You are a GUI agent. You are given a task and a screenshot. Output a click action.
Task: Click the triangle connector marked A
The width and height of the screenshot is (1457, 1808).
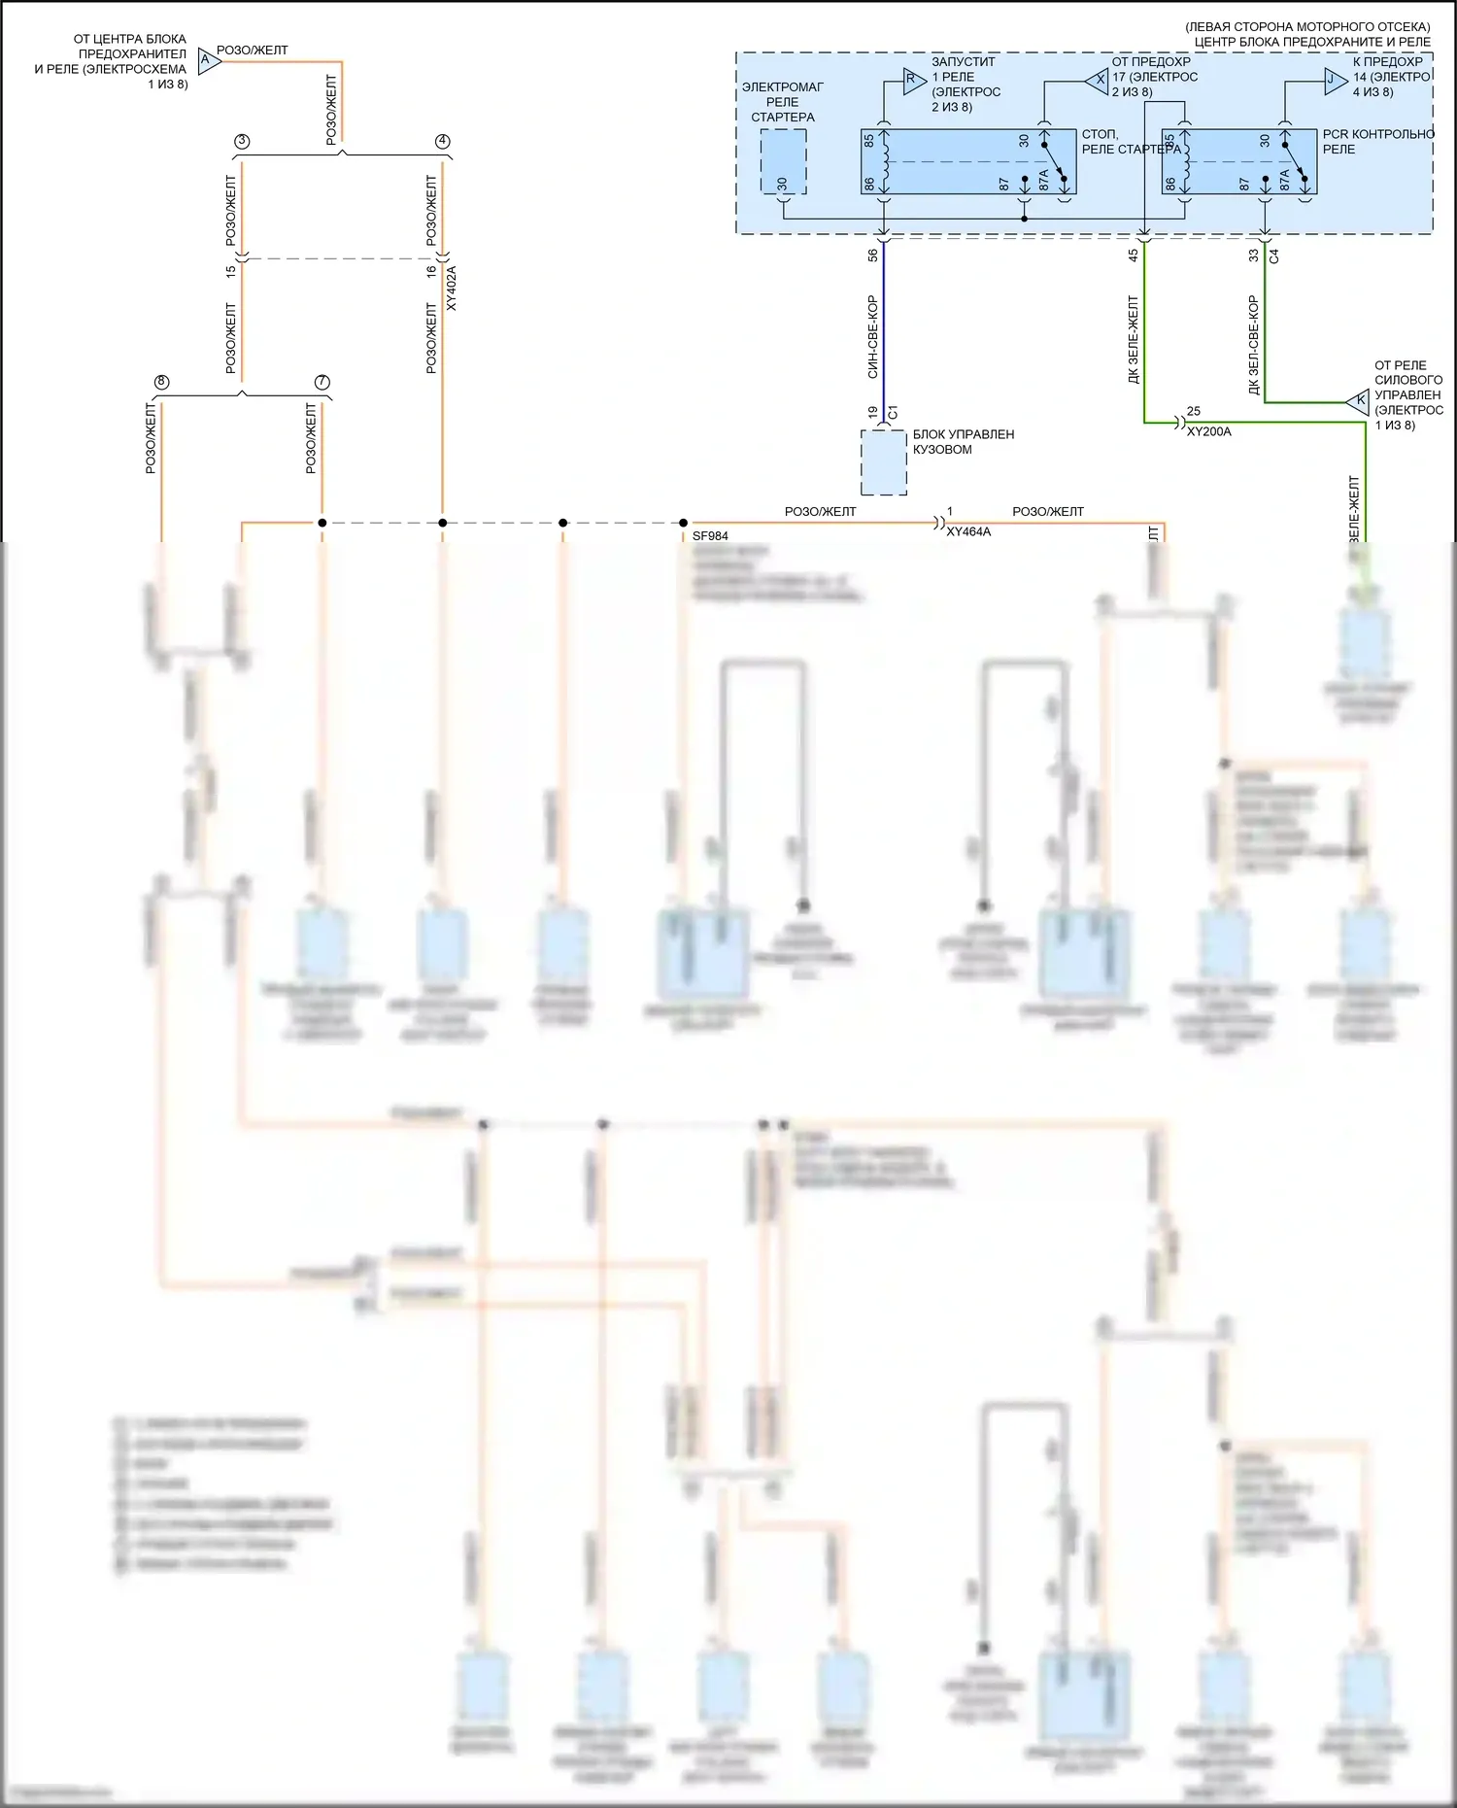click(208, 60)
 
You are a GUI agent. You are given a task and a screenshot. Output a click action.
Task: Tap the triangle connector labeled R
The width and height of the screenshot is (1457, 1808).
click(912, 81)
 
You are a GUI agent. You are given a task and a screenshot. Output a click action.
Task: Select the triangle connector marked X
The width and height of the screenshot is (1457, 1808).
click(1099, 81)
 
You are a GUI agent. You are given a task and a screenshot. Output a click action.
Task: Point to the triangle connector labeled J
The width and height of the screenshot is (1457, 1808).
click(1334, 81)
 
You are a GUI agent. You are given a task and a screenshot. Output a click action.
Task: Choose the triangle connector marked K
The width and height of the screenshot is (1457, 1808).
click(1359, 400)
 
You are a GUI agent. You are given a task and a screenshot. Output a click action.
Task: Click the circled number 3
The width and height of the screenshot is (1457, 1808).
click(242, 141)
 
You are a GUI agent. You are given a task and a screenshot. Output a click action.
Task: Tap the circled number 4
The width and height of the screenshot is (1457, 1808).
click(443, 141)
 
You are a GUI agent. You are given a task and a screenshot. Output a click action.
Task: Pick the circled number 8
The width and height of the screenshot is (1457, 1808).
click(161, 382)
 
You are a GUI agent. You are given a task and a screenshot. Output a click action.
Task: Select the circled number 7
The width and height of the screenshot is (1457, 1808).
click(322, 382)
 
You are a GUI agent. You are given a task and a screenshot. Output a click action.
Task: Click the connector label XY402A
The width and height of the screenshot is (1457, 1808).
click(451, 289)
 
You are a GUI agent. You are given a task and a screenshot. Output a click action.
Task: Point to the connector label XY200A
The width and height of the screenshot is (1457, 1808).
click(1208, 431)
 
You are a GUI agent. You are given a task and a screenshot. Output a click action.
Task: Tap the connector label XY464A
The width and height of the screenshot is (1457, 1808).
click(968, 531)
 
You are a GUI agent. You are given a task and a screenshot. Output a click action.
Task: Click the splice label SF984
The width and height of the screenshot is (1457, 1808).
click(710, 535)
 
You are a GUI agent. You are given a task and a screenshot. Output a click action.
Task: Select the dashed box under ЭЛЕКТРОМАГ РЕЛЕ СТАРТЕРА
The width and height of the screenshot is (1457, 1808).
click(783, 161)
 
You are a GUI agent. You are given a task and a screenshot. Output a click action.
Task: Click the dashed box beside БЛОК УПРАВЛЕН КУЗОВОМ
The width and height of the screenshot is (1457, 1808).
click(884, 462)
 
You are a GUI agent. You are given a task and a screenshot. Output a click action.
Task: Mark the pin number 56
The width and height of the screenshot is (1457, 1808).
click(872, 256)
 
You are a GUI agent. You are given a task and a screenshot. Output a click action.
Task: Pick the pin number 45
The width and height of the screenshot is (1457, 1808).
click(1133, 256)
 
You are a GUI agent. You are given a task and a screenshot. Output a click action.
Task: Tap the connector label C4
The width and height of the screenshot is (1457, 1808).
click(1274, 256)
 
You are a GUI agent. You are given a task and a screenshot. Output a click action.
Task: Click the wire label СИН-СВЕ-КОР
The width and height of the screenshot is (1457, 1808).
click(872, 336)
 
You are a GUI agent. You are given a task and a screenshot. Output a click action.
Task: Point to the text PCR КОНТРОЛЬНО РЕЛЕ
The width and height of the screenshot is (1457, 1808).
click(1376, 142)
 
